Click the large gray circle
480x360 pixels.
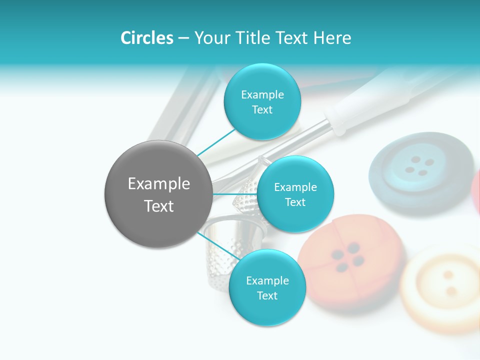[158, 194]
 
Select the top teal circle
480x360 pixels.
[262, 102]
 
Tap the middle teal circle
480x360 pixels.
[295, 194]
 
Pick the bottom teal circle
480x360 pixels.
[267, 287]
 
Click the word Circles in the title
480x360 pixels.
[147, 38]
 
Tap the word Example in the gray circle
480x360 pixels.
[159, 184]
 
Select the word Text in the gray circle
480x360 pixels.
[159, 206]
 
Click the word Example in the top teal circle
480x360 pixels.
[262, 94]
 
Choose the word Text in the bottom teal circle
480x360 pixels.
[267, 295]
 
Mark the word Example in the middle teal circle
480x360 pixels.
[295, 187]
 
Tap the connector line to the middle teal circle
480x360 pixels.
[235, 194]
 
